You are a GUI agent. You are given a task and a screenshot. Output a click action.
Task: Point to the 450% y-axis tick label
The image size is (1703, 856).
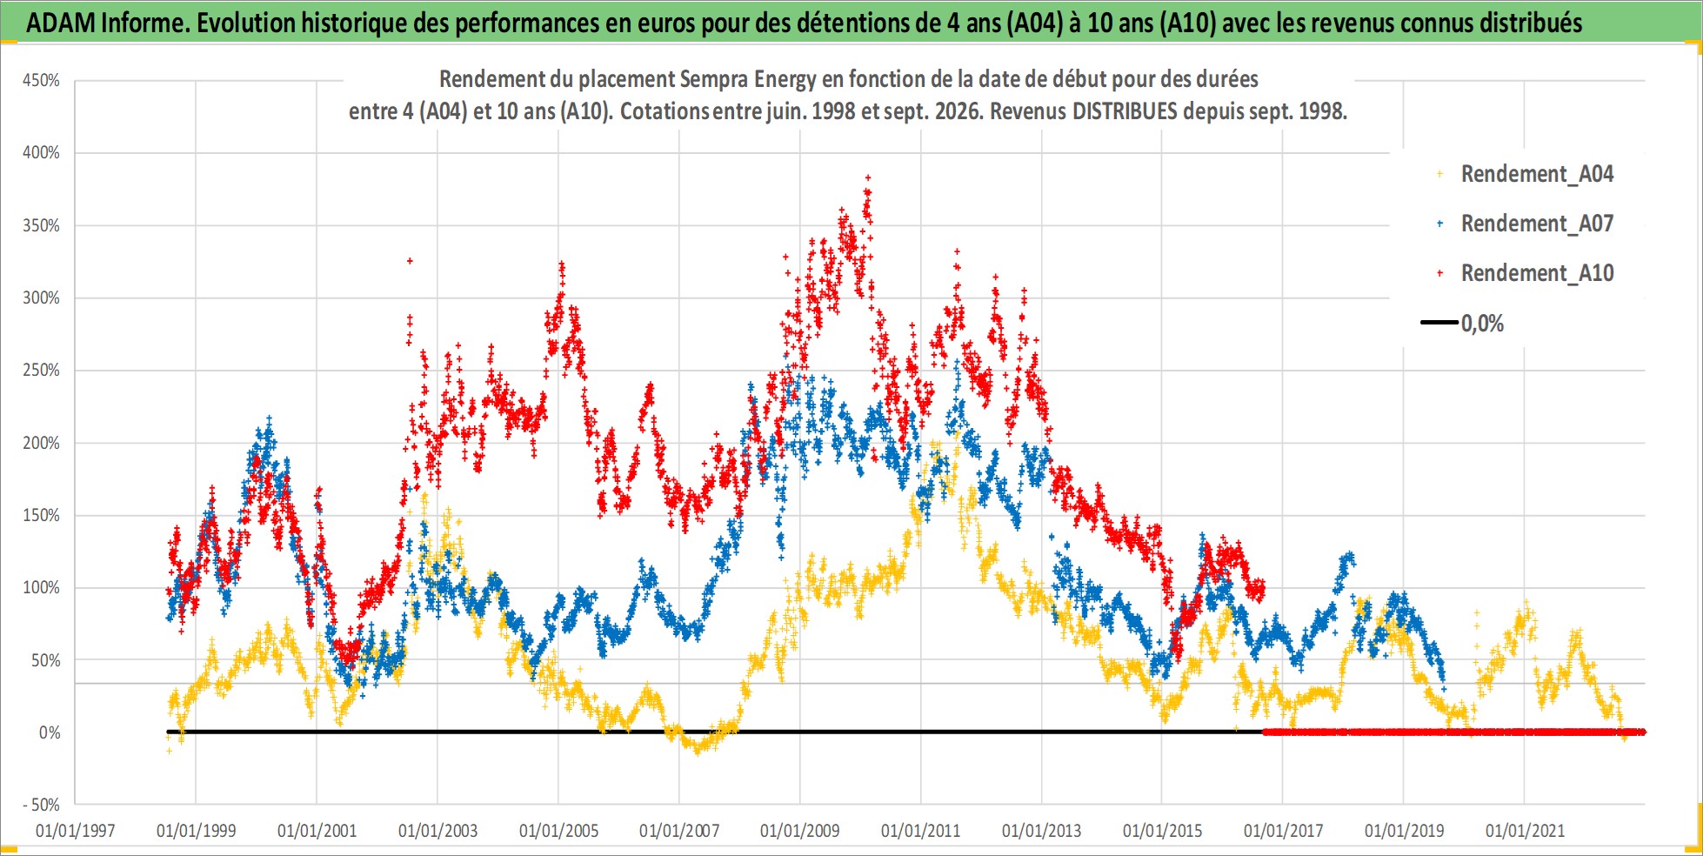coord(41,80)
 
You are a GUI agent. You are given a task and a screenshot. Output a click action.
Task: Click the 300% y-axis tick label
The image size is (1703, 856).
coord(41,298)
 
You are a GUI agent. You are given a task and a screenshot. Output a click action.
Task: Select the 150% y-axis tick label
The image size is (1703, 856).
coord(41,515)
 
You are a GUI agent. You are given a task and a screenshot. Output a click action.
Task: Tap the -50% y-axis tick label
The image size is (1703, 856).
coord(41,805)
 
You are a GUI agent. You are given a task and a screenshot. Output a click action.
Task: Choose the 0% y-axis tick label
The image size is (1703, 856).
coord(50,732)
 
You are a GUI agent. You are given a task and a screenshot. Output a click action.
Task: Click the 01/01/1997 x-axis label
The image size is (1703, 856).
coord(76,831)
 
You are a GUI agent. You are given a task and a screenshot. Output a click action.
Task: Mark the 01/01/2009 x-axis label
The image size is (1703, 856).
coord(800,831)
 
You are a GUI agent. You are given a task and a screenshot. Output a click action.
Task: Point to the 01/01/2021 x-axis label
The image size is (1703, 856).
coord(1525,831)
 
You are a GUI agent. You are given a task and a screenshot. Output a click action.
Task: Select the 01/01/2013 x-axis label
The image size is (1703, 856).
coord(1041,831)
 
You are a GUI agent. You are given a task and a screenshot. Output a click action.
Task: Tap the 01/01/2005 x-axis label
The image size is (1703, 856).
coord(558,831)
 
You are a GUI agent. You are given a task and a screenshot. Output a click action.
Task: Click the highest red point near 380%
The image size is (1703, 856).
coord(867,177)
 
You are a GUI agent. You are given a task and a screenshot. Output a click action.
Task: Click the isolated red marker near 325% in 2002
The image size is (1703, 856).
coord(410,260)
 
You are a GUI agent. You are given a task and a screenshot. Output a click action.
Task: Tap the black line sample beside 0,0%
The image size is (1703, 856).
coord(1439,323)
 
